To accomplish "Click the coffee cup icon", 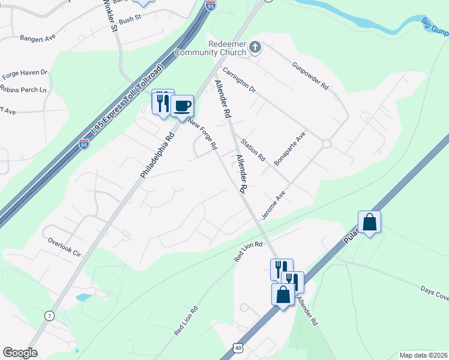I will click(182, 106).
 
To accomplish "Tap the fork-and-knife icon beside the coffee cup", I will click(162, 103).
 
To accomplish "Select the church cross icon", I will click(255, 47).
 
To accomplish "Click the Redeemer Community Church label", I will click(211, 48).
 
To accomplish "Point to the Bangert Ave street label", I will click(37, 37).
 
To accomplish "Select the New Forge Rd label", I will click(203, 133).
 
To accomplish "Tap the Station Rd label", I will click(253, 151).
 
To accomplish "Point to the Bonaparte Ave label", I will click(290, 149).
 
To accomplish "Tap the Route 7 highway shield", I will click(49, 315).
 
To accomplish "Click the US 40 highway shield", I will click(239, 348).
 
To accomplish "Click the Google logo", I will click(20, 353).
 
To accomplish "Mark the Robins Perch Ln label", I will click(23, 90).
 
